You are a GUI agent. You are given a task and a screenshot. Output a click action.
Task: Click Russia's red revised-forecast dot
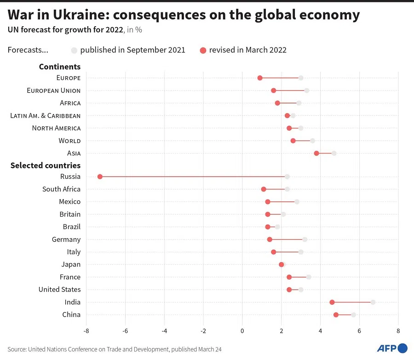(100, 177)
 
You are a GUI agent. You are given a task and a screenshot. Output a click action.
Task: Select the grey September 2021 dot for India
(373, 302)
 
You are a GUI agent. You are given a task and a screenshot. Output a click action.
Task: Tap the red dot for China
(336, 314)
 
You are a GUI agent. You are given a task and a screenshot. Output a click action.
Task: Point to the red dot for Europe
(260, 78)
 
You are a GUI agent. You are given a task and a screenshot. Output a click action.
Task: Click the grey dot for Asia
(334, 153)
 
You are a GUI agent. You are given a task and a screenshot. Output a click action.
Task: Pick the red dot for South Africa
(264, 189)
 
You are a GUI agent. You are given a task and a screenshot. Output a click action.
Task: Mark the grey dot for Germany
(305, 239)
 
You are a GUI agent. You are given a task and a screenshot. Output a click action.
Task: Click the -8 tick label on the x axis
(86, 331)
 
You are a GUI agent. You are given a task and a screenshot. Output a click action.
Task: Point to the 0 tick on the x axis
(242, 331)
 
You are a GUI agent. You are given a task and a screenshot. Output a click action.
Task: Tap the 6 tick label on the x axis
(359, 331)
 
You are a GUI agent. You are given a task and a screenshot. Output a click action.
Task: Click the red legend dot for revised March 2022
(203, 50)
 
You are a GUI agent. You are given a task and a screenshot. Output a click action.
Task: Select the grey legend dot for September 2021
(74, 50)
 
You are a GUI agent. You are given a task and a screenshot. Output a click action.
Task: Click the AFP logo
(392, 348)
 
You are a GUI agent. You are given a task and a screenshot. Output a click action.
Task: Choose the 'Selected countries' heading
(46, 165)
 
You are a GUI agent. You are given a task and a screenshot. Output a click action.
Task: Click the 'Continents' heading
(60, 67)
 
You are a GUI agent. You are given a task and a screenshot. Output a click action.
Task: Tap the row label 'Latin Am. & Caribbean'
(45, 115)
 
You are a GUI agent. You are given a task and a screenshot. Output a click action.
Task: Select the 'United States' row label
(59, 289)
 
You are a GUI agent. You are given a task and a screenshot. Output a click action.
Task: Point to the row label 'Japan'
(71, 264)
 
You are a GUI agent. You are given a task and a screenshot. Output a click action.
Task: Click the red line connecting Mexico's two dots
(282, 201)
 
